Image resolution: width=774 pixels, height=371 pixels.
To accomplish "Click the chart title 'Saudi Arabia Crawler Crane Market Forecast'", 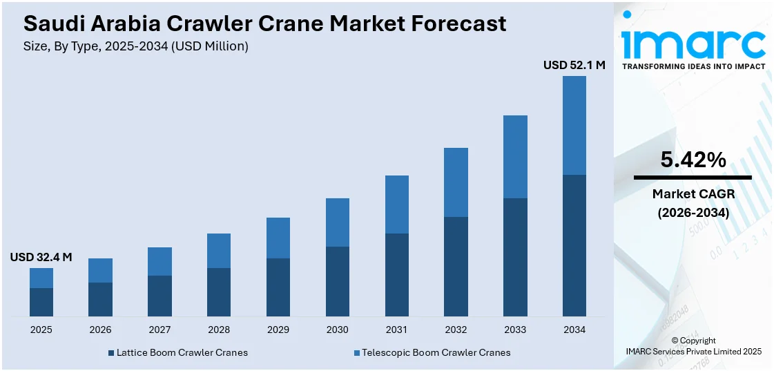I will pyautogui.click(x=264, y=23).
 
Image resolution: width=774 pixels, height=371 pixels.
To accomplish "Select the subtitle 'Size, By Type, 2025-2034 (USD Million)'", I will pyautogui.click(x=135, y=46).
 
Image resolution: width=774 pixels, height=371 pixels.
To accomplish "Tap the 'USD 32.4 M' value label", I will pyautogui.click(x=41, y=257).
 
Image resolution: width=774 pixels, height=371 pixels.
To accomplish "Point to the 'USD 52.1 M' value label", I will pyautogui.click(x=574, y=65).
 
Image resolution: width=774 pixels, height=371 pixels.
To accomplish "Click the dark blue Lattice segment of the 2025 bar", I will pyautogui.click(x=41, y=302).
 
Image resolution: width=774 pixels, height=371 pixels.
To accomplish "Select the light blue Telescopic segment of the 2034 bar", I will pyautogui.click(x=574, y=125).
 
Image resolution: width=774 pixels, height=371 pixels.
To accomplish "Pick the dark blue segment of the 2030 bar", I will pyautogui.click(x=337, y=281).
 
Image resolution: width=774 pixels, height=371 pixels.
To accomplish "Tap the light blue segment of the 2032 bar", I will pyautogui.click(x=456, y=182).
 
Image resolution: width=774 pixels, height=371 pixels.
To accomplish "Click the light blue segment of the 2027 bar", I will pyautogui.click(x=159, y=261).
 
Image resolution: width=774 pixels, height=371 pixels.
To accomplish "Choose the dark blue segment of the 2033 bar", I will pyautogui.click(x=515, y=257).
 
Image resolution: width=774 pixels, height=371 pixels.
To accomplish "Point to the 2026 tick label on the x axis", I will pyautogui.click(x=100, y=330).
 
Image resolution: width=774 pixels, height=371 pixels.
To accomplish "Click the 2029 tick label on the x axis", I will pyautogui.click(x=278, y=330).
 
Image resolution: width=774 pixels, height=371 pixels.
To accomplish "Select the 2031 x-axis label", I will pyautogui.click(x=396, y=330).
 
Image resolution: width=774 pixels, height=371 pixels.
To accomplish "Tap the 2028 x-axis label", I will pyautogui.click(x=219, y=330).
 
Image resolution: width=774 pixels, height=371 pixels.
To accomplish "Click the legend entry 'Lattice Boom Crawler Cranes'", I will pyautogui.click(x=182, y=352).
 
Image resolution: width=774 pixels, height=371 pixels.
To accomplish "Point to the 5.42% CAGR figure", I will pyautogui.click(x=693, y=160).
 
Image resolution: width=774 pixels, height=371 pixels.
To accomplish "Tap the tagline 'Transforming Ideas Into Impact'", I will pyautogui.click(x=693, y=66).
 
